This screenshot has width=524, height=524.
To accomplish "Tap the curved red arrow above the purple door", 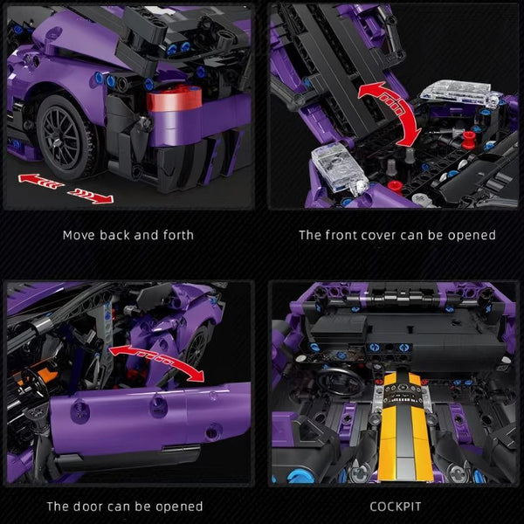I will tap(158, 358).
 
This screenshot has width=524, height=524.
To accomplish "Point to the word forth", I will tap(178, 235).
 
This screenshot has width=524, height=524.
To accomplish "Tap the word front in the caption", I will tap(345, 235).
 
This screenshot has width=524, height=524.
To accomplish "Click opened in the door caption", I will tap(179, 507).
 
